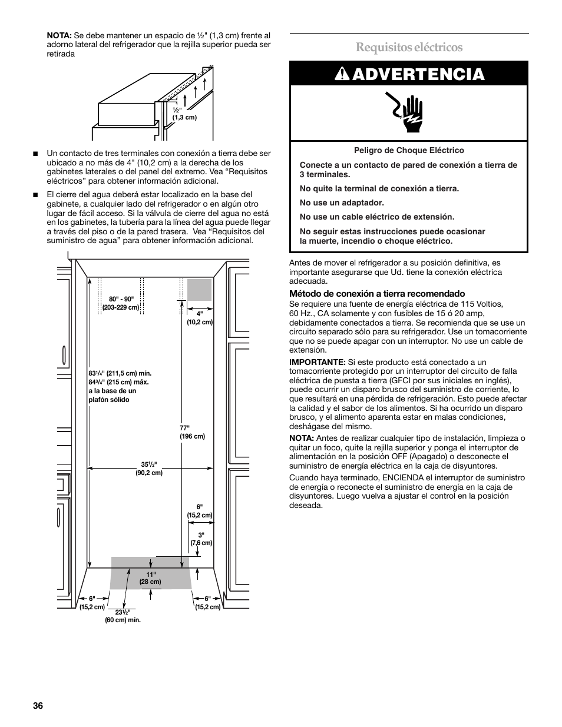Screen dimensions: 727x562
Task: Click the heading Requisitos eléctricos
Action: point(409,47)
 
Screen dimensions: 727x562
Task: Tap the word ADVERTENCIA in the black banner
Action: point(419,74)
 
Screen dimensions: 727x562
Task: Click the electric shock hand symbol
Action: point(409,112)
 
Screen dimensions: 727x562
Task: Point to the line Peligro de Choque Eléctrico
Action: point(409,150)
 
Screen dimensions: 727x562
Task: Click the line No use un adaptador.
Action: point(342,203)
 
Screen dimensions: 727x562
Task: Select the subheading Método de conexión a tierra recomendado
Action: point(376,293)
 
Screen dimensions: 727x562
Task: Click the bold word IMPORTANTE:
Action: point(317,362)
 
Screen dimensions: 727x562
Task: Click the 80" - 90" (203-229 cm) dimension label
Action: point(120,303)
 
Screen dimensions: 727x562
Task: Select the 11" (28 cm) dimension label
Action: point(150,577)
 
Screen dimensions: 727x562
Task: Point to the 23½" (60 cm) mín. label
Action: point(123,616)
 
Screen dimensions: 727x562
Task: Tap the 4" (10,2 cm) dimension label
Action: point(200,318)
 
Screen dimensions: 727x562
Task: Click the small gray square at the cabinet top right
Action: point(199,290)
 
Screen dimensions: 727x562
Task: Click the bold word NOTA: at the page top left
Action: point(59,35)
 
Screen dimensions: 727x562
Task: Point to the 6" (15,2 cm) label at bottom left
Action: point(92,602)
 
